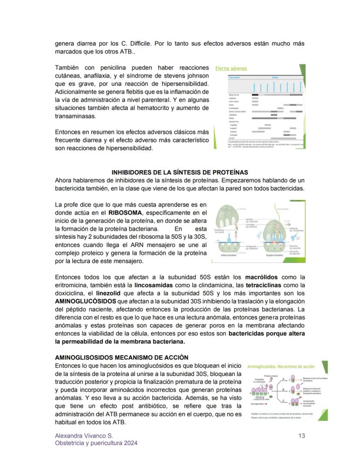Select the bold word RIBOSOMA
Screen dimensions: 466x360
(124, 213)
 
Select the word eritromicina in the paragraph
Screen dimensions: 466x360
(71, 285)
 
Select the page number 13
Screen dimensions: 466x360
(302, 436)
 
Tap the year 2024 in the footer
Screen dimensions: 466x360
(130, 443)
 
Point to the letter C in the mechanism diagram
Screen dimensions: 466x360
(283, 401)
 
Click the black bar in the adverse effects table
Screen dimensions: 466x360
(255, 94)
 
